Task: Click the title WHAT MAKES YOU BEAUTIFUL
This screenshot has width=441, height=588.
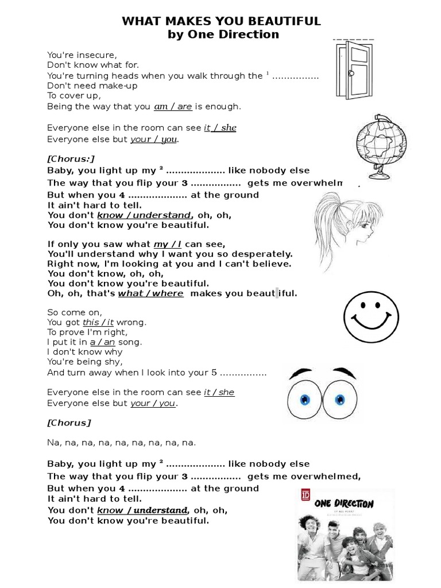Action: pos(221,21)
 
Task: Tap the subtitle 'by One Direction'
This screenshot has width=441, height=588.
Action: pos(223,34)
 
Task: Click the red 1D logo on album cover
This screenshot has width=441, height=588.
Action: pos(305,494)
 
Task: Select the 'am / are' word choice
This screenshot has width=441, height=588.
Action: pos(173,107)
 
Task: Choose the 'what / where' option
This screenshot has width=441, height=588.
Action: pos(151,293)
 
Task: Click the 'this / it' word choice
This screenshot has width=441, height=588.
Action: pos(98,323)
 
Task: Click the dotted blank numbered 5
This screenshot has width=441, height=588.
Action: pos(243,373)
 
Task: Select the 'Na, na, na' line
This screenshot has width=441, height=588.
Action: pos(122,443)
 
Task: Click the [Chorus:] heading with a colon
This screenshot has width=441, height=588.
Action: pos(71,158)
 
